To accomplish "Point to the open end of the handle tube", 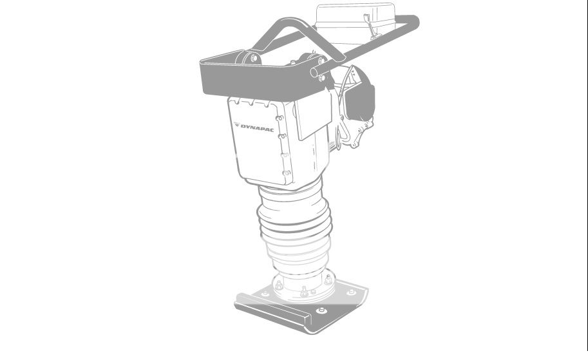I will pos(315,73).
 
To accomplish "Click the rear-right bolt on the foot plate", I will pos(351,292).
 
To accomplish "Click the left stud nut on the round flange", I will pos(279,284).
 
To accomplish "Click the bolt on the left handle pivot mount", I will pos(254,59).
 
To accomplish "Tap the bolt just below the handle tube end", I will pos(321,78).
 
